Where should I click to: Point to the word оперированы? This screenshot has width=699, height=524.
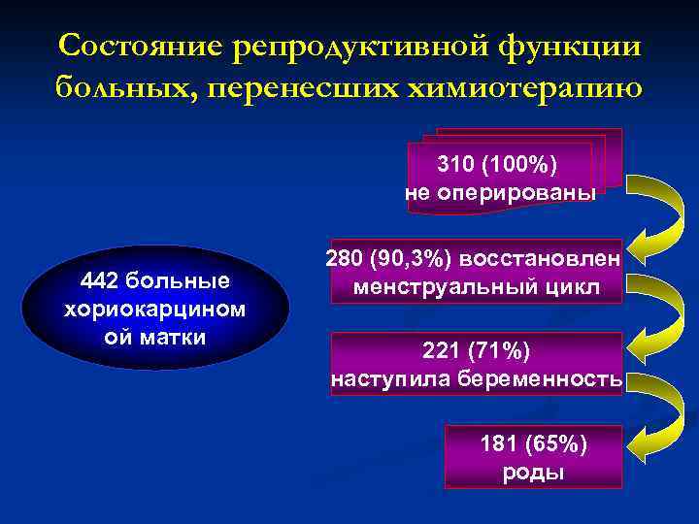(x=514, y=192)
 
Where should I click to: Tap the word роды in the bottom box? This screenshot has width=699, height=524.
(x=534, y=473)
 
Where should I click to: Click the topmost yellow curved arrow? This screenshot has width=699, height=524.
(x=661, y=213)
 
